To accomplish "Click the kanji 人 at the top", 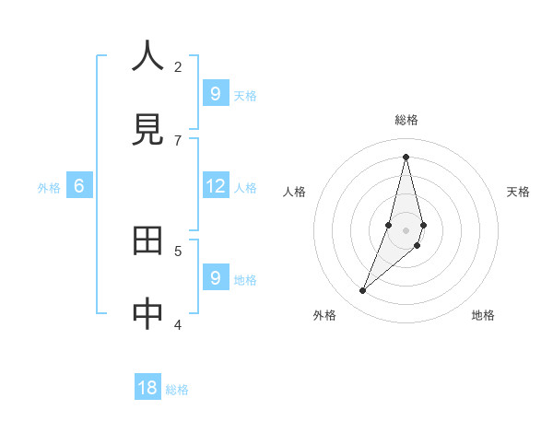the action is (148, 57).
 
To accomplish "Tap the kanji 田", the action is (148, 241).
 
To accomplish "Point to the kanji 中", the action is (148, 314).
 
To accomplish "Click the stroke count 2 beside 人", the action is (178, 66).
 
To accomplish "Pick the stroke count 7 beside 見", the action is (178, 140).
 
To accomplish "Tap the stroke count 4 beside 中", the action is (178, 324).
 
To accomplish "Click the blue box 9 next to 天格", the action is (215, 93).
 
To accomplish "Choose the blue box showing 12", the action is (215, 186).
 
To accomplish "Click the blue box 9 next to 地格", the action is (215, 277).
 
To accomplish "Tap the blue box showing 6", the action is (79, 186).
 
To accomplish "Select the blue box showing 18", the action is (147, 388).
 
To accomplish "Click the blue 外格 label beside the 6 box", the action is (49, 188).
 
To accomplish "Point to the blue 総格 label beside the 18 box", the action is (177, 390).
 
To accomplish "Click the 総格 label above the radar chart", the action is (406, 120).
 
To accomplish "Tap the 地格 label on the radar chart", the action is (483, 315).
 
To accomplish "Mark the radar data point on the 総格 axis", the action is (406, 157).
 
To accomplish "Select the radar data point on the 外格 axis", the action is (363, 291).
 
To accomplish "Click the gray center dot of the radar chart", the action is (406, 230).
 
